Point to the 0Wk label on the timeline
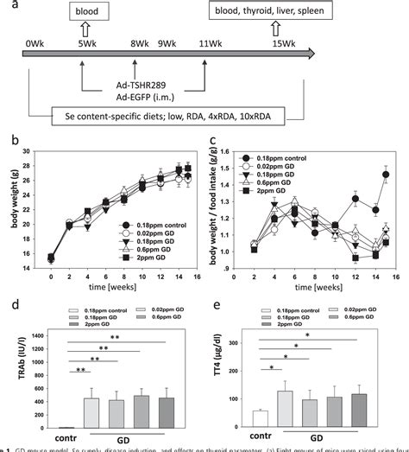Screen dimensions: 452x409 35,43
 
